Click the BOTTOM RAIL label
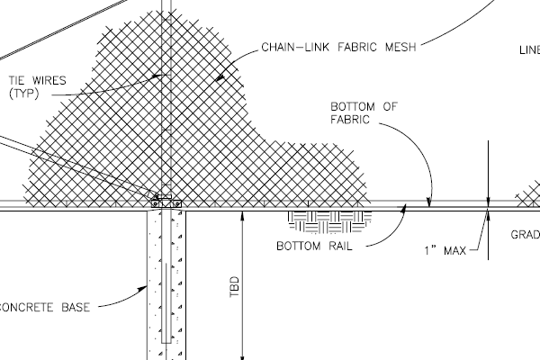[312, 245]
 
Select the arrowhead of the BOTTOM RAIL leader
[406, 207]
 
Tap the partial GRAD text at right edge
[526, 235]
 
